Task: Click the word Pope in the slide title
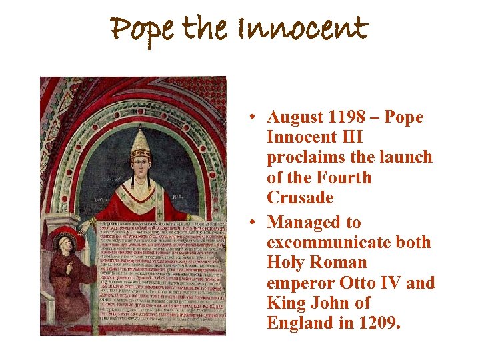[x=142, y=30]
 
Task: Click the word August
[x=295, y=118]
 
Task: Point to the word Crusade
[x=300, y=198]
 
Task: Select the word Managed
[x=304, y=223]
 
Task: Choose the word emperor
[x=299, y=283]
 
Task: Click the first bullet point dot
[x=255, y=118]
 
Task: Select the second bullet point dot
[x=255, y=223]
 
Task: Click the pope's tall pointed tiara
[x=140, y=141]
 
